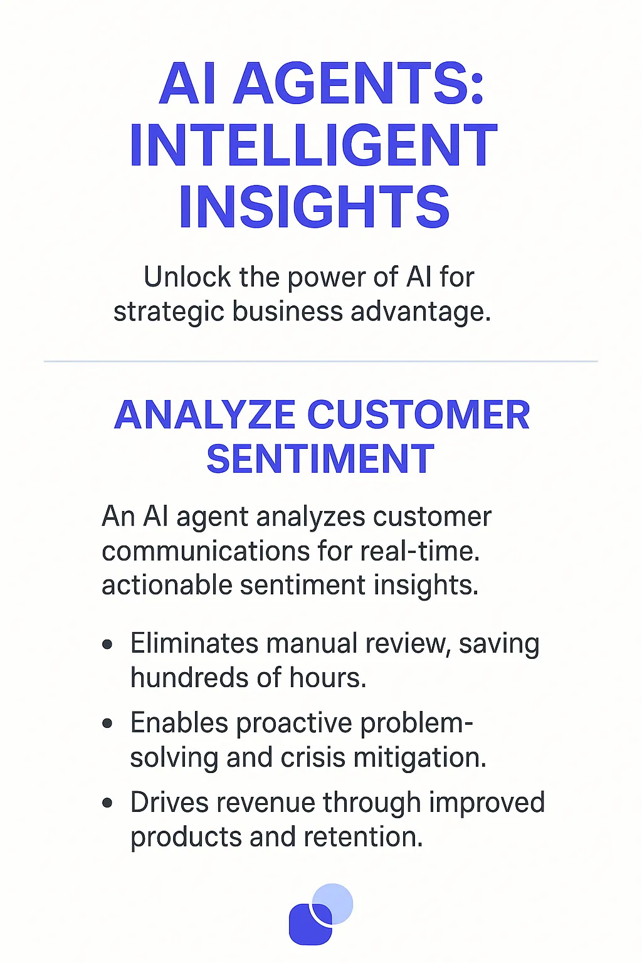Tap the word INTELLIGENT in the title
313,145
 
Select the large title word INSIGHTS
314,207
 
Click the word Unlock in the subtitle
187,277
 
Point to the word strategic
169,312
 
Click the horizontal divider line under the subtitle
321,362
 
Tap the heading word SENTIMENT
320,459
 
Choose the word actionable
167,585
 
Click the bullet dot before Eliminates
108,644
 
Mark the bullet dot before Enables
108,724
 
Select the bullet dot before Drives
108,803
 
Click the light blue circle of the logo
337,899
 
